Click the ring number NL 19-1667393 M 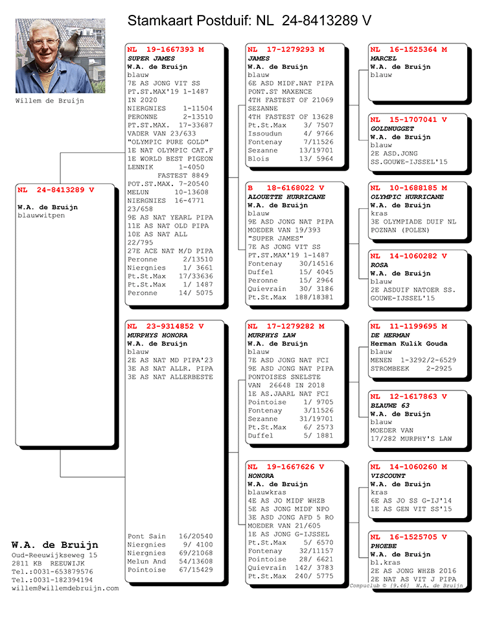pos(165,49)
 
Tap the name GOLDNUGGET pos(392,128)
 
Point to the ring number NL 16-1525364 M pos(408,49)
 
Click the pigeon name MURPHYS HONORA pos(157,335)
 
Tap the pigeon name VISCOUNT pos(388,476)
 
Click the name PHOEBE pos(384,546)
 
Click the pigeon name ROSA pos(379,265)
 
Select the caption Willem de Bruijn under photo pos(49,101)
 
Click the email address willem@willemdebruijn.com pos(65,588)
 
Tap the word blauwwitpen pos(41,215)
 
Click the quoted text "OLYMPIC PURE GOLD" pos(167,142)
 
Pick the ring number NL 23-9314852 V pos(165,326)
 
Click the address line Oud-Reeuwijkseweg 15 pos(54,556)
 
